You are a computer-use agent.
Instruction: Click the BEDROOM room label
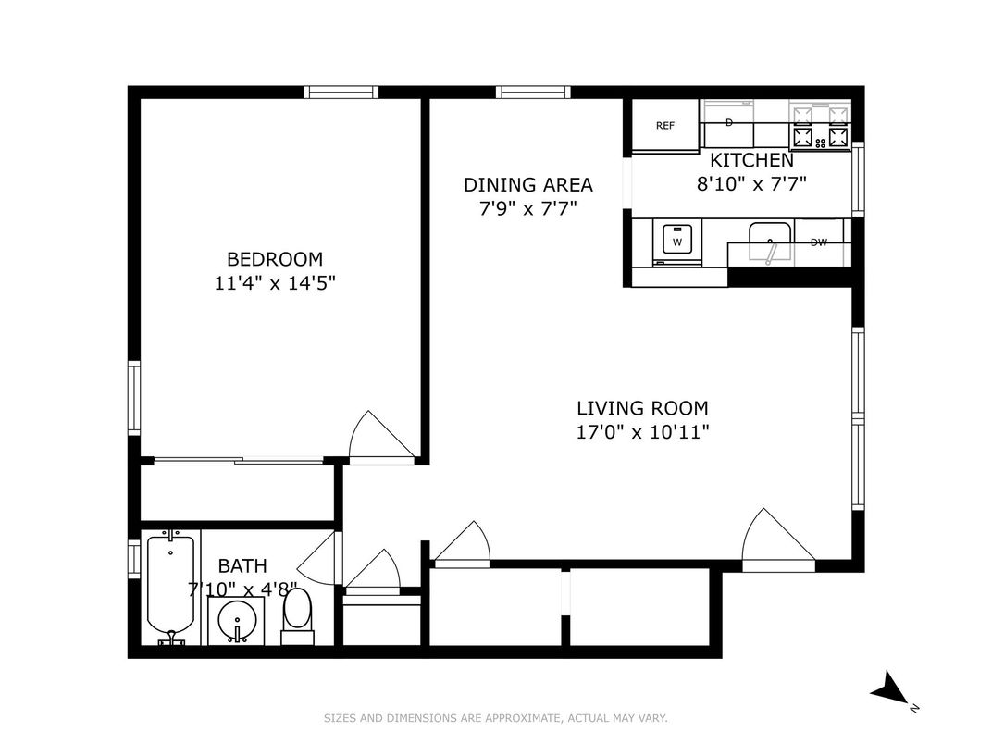pyautogui.click(x=275, y=259)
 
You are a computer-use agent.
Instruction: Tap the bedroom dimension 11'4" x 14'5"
pyautogui.click(x=275, y=284)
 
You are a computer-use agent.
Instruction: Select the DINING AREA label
pyautogui.click(x=527, y=185)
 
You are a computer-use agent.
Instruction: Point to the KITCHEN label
pyautogui.click(x=751, y=160)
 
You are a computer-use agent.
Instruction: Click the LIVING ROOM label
pyautogui.click(x=642, y=407)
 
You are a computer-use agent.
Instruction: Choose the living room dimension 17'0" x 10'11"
pyautogui.click(x=642, y=431)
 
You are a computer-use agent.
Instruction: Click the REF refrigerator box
pyautogui.click(x=665, y=126)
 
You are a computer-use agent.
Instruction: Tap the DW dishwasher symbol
pyautogui.click(x=819, y=243)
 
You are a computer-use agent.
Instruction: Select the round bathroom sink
pyautogui.click(x=237, y=619)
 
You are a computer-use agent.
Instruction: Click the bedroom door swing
pyautogui.click(x=379, y=437)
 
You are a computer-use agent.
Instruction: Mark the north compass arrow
pyautogui.click(x=891, y=689)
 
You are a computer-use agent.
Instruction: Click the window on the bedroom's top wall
pyautogui.click(x=341, y=92)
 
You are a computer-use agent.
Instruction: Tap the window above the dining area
pyautogui.click(x=532, y=92)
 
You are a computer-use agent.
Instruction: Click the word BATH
pyautogui.click(x=242, y=565)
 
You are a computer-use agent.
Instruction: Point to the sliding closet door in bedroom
pyautogui.click(x=238, y=460)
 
